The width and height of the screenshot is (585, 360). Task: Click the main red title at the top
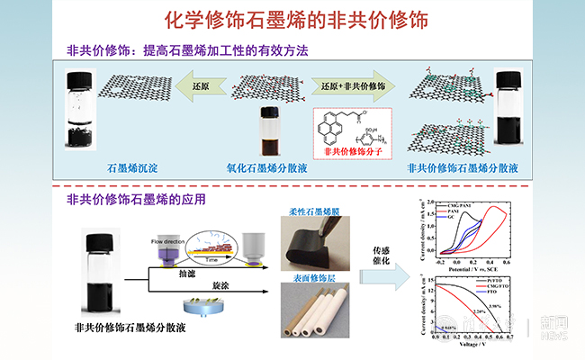pyautogui.click(x=292, y=18)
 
